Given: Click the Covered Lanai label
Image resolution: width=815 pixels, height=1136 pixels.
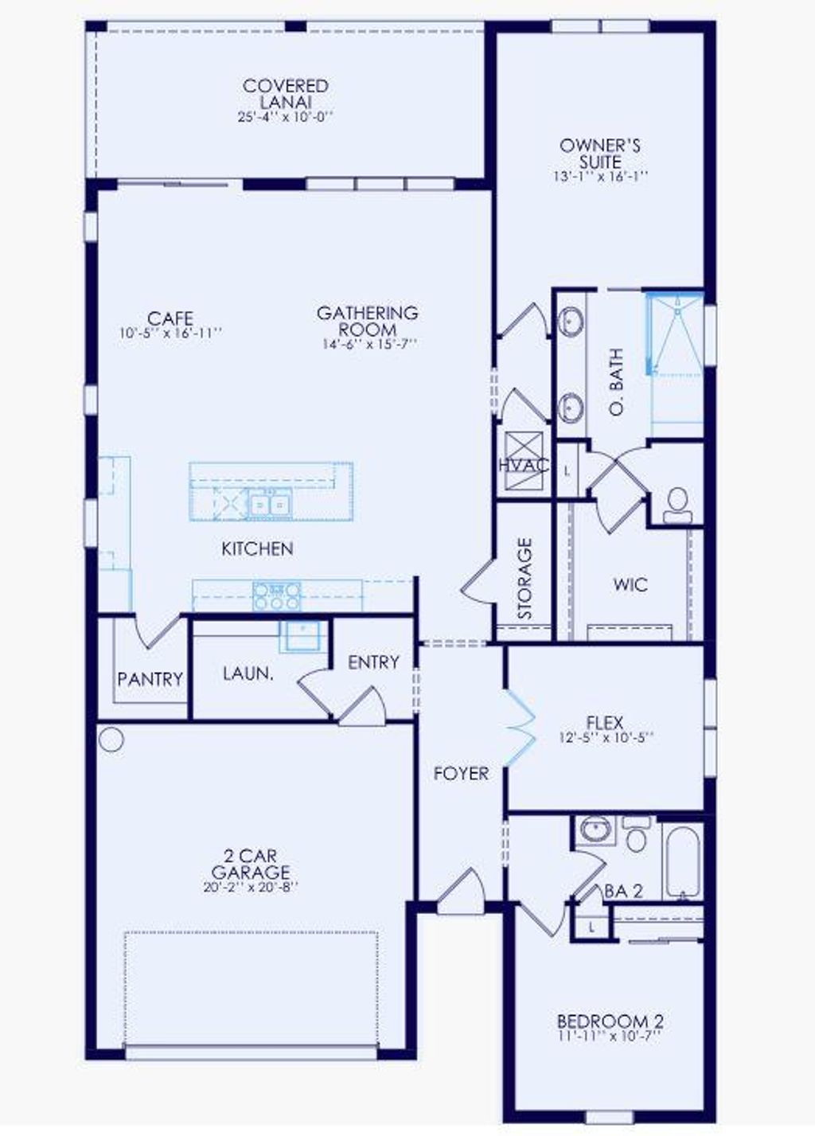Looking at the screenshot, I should click(x=285, y=93).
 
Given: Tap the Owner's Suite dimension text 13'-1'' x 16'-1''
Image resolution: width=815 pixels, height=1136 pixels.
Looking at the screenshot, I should click(x=600, y=177).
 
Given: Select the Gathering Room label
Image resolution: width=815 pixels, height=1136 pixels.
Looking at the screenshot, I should click(x=367, y=321).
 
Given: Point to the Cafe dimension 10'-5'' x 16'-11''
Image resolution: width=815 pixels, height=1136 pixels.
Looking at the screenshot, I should click(x=170, y=334).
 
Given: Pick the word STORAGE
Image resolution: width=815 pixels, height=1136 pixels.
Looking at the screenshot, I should click(x=524, y=579).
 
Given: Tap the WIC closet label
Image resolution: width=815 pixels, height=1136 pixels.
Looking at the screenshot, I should click(x=630, y=585).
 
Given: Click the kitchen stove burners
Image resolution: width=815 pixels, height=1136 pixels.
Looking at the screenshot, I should click(x=277, y=595).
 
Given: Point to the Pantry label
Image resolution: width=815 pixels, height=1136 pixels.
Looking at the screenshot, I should click(x=150, y=679).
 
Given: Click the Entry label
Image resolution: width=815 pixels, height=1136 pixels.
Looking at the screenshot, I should click(x=373, y=662).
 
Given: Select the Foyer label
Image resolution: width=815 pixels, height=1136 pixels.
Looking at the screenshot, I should click(x=461, y=773).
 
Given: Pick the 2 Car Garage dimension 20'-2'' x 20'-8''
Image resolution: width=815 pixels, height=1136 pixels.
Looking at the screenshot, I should click(x=250, y=887).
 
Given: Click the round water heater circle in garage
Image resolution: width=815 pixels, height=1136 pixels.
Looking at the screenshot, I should click(x=111, y=740).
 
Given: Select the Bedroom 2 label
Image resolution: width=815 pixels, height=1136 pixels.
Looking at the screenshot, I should click(x=610, y=1021).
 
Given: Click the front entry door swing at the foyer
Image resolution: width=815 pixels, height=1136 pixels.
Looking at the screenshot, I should click(x=462, y=890).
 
